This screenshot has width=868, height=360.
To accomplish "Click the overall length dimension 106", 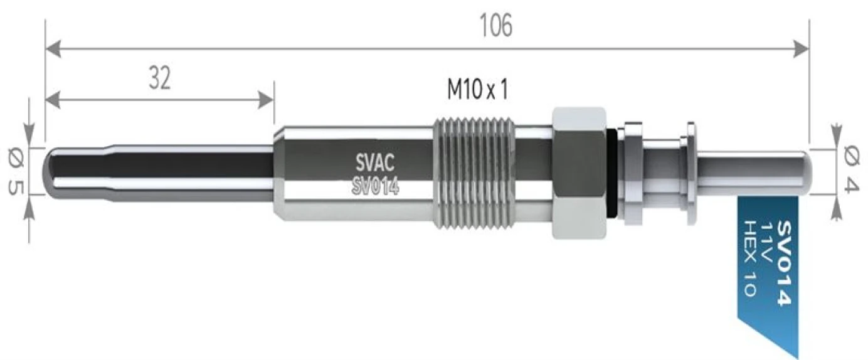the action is click(x=496, y=26).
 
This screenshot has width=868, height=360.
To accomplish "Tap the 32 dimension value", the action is click(x=160, y=78).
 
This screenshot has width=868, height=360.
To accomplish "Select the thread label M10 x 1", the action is click(x=477, y=90).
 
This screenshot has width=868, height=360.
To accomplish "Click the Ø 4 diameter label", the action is click(x=851, y=171).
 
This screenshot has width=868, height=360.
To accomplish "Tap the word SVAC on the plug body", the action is click(x=374, y=162).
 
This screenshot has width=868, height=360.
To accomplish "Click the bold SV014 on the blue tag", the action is click(x=783, y=263).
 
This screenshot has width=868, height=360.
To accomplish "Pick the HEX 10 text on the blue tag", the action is click(x=750, y=258).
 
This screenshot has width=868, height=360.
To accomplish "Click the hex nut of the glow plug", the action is click(x=579, y=173).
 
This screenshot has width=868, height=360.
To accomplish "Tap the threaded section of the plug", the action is click(x=474, y=173).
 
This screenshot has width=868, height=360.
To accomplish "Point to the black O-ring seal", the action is click(x=611, y=173).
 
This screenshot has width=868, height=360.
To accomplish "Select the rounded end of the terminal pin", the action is click(x=807, y=173).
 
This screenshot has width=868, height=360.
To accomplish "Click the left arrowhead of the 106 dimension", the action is click(x=53, y=49).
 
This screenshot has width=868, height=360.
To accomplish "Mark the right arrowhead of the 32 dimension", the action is click(x=266, y=100).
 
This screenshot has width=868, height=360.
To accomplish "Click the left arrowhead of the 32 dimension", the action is click(x=53, y=100).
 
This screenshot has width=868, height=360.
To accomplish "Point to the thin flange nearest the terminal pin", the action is click(x=691, y=173).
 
